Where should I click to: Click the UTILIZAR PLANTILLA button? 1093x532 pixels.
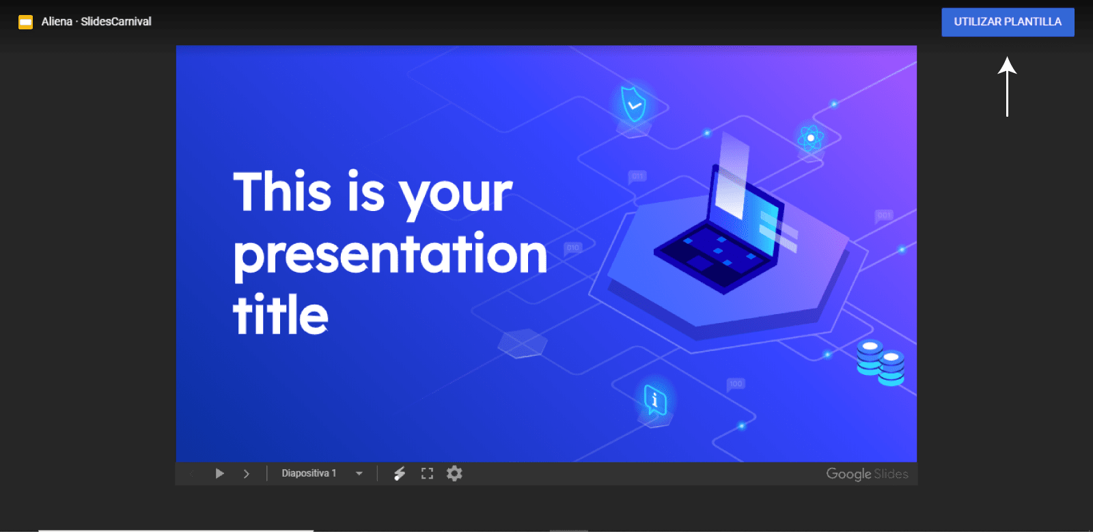pos(1008,22)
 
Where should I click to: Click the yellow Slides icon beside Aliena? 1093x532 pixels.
pos(25,22)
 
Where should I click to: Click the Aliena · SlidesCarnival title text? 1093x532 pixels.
pos(96,22)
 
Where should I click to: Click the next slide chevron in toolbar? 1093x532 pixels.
pos(247,473)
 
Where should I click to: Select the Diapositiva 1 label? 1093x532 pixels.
pos(309,473)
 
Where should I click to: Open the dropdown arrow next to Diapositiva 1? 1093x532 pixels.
pos(359,473)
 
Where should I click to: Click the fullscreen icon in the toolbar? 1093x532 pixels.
pos(427,473)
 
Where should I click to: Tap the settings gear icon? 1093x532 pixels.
pos(454,473)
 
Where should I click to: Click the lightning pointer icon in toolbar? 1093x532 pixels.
pos(400,473)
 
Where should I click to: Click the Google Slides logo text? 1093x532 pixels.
pos(867,473)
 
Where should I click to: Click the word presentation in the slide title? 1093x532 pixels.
pos(390,254)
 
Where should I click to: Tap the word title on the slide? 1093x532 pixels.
pos(281,315)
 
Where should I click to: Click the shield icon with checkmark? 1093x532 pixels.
pos(633,104)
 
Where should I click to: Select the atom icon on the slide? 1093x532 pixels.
pos(811,138)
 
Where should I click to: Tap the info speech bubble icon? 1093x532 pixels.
pos(654,400)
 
